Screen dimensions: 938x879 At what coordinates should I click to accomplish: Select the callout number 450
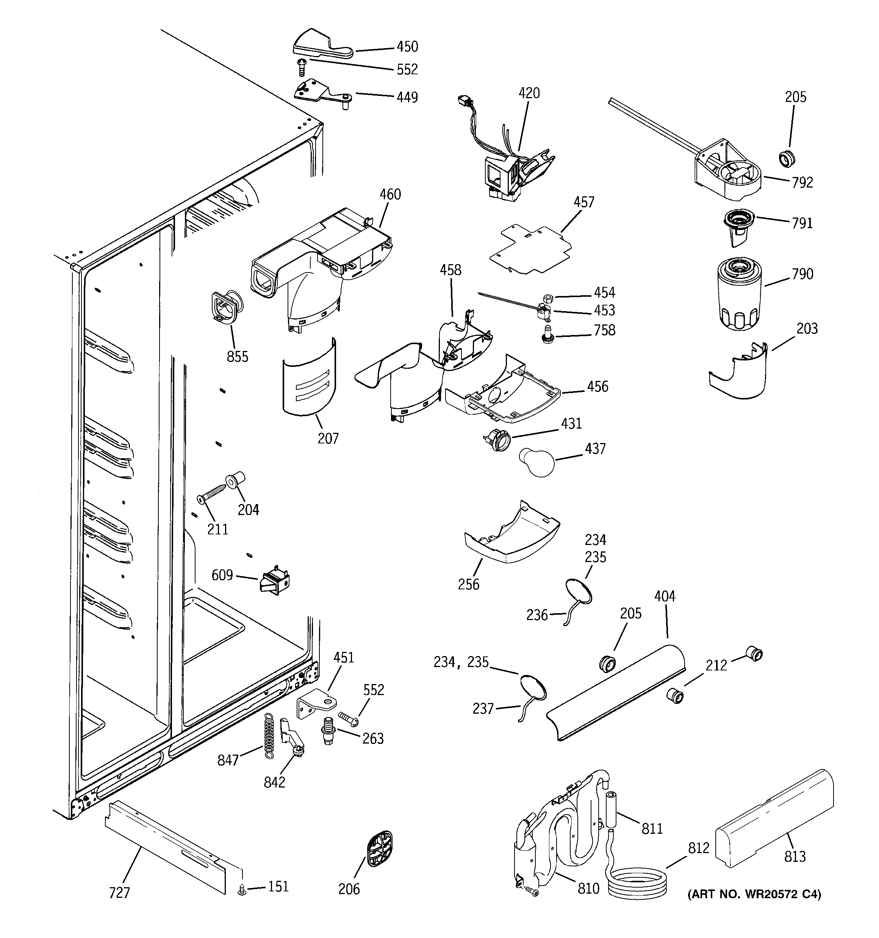click(x=407, y=47)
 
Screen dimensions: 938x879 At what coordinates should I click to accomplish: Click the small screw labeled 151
click(x=242, y=889)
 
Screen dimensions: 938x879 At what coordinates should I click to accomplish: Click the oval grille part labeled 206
click(x=379, y=850)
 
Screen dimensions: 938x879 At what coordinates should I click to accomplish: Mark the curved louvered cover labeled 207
click(x=310, y=378)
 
